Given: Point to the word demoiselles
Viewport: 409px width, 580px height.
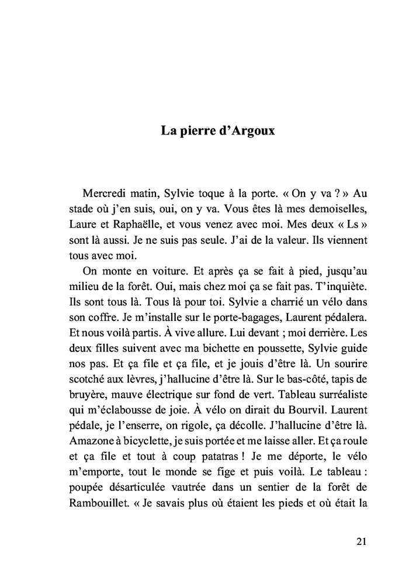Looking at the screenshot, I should point(337,208).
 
